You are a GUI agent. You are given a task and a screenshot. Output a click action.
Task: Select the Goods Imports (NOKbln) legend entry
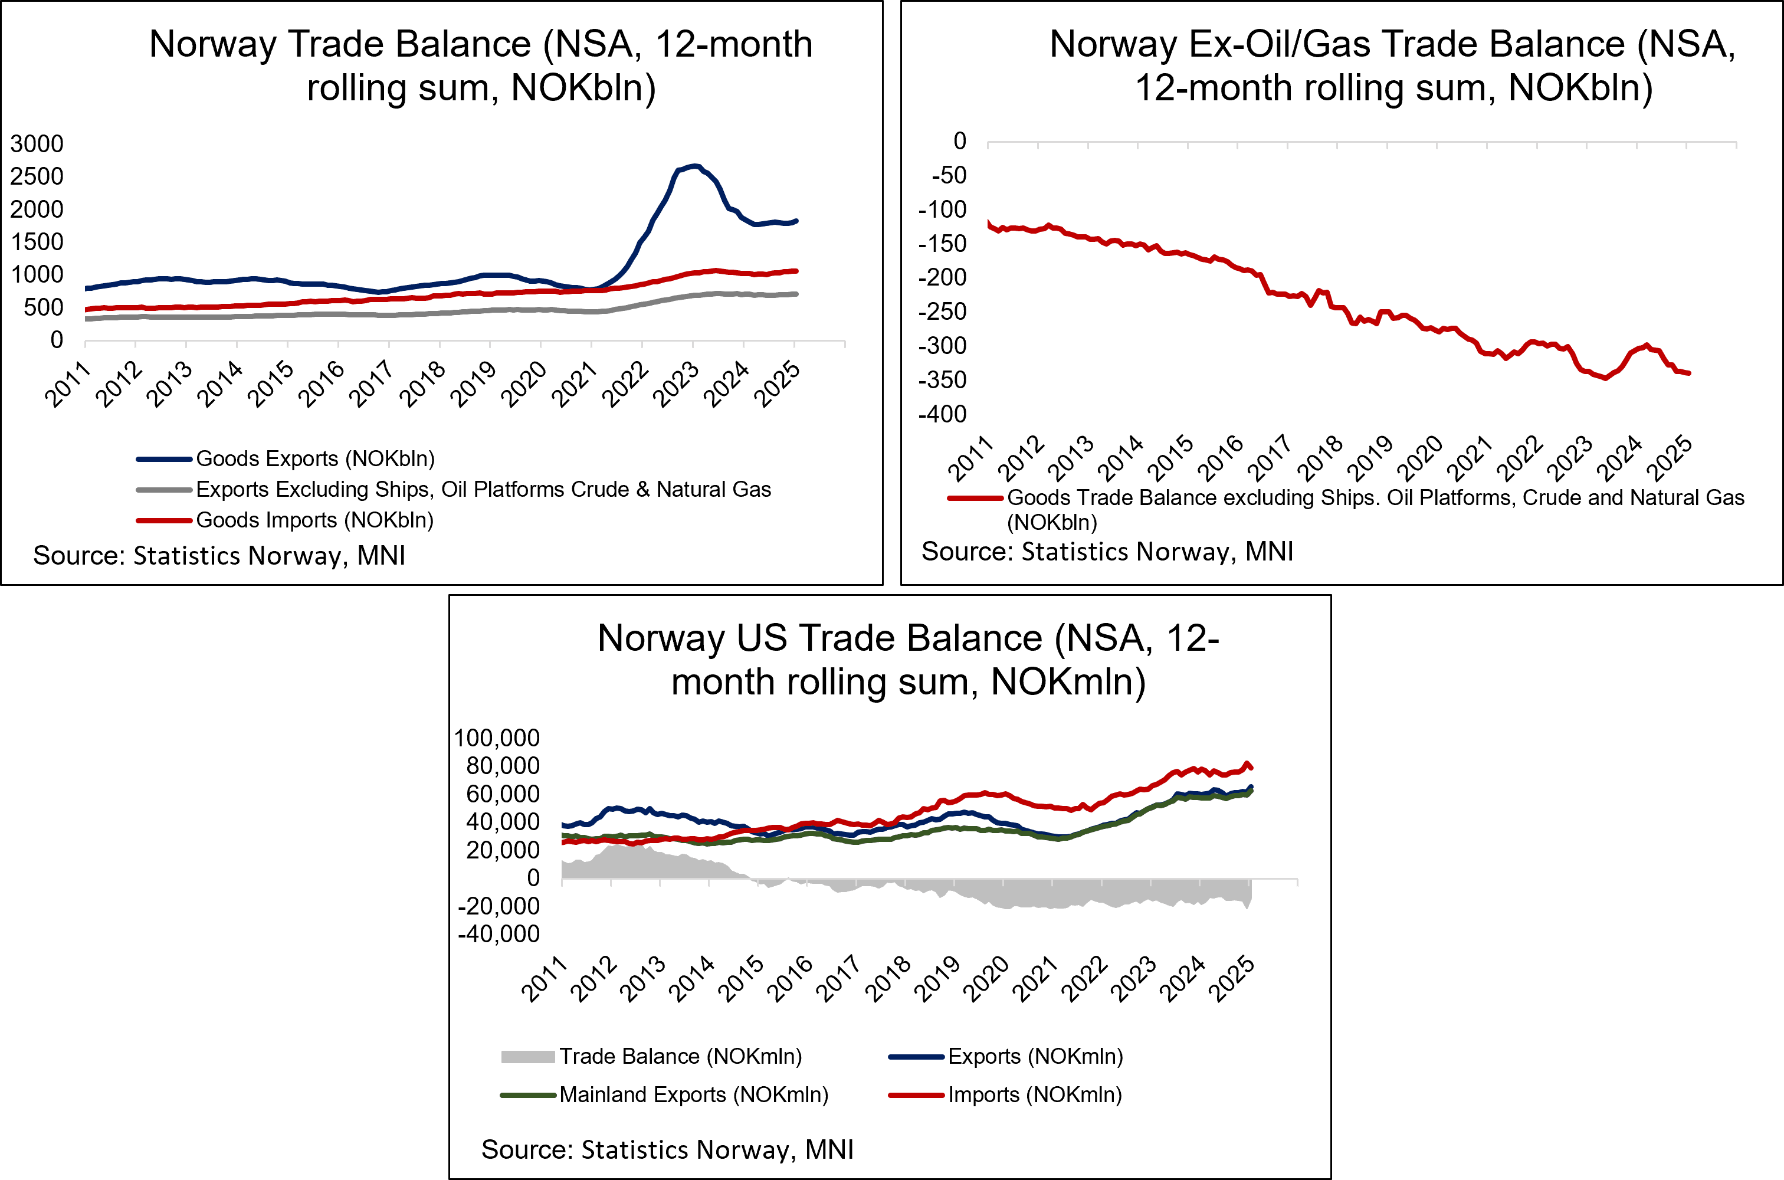tap(314, 520)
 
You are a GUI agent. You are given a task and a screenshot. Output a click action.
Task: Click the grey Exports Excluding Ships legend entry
tap(483, 489)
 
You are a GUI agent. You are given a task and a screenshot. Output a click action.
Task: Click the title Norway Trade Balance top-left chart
tap(481, 65)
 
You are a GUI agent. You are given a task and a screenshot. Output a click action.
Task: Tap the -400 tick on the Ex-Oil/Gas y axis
tap(942, 414)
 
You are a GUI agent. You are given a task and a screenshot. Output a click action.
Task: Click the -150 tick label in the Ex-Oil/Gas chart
tap(942, 243)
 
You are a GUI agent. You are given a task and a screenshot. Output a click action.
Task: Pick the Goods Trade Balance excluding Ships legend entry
tap(1375, 498)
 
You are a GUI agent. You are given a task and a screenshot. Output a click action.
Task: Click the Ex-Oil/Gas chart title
tap(1393, 65)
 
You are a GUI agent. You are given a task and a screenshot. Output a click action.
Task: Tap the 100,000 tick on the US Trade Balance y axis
tap(497, 737)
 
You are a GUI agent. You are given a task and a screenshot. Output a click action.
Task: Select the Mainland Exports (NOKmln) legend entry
tap(693, 1094)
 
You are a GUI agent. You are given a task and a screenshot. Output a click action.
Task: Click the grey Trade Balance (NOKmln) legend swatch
tap(527, 1057)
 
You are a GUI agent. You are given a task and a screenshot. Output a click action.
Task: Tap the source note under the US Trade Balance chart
tap(667, 1149)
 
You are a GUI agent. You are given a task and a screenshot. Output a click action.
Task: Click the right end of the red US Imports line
tap(1251, 768)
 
